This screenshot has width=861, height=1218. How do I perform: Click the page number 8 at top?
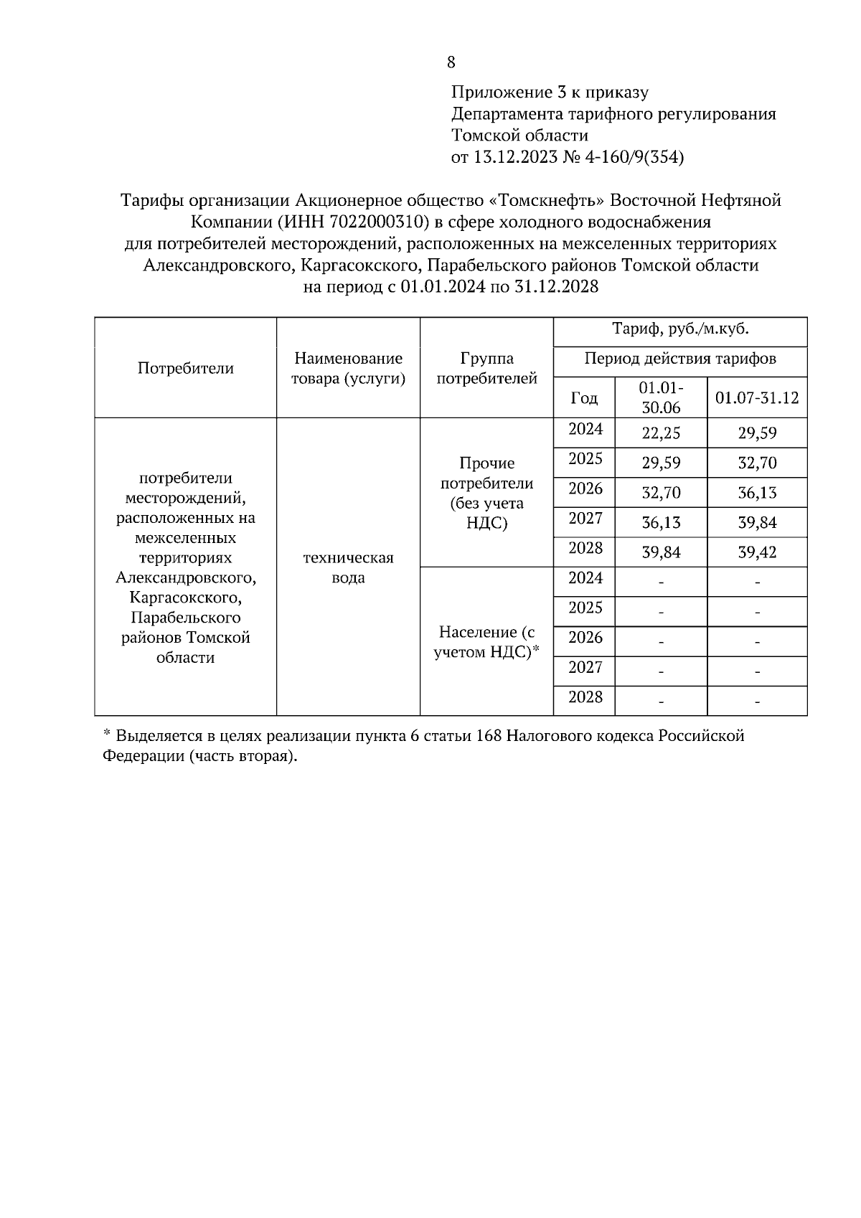coord(451,62)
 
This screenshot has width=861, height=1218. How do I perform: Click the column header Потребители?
coord(186,368)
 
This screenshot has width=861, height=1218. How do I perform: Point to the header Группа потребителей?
coord(486,368)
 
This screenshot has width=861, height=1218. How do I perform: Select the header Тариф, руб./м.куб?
coord(679,329)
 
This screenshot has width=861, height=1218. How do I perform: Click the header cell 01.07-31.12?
coord(757,397)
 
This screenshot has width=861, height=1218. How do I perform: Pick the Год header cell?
coord(583,397)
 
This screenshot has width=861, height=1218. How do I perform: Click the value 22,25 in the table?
coord(661,433)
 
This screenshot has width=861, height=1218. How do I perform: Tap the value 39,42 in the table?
coord(757,552)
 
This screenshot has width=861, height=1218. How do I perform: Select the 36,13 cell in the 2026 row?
coord(757,493)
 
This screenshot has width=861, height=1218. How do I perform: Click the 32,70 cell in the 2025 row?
coord(757,463)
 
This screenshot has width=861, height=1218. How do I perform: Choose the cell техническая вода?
coord(348,567)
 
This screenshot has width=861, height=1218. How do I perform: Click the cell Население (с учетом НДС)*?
coord(486,642)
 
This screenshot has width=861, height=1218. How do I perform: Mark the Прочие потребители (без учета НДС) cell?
coord(486,493)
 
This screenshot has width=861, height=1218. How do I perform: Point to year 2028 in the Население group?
coord(585,697)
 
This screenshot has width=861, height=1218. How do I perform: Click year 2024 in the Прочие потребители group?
coord(585,430)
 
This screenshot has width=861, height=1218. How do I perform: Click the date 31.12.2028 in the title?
coord(556,287)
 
